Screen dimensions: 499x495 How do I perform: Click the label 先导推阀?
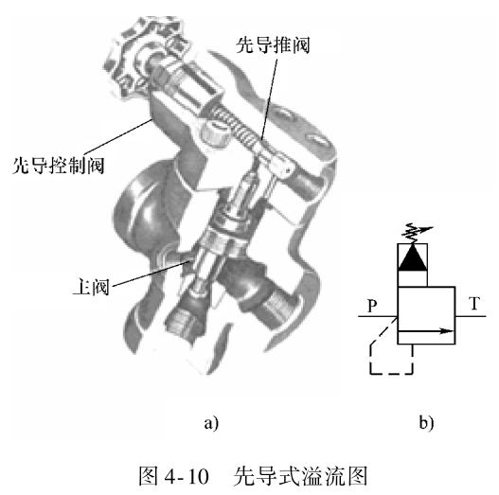[273, 44]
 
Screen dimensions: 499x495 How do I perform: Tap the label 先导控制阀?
[59, 166]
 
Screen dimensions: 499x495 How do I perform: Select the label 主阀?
[91, 287]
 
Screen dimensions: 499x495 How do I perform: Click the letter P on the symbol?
[372, 306]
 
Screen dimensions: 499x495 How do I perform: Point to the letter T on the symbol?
[474, 303]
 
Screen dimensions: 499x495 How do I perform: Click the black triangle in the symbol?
[413, 257]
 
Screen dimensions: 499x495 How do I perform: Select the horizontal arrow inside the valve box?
[426, 331]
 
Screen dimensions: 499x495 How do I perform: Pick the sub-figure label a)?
[211, 423]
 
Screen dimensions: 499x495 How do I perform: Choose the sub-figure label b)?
[426, 423]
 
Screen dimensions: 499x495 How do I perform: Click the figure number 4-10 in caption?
[187, 476]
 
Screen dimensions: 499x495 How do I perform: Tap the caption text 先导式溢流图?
[301, 476]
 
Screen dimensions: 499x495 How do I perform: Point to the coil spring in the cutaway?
[236, 125]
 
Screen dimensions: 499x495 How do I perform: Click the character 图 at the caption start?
[149, 476]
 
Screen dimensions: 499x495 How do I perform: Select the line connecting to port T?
[471, 316]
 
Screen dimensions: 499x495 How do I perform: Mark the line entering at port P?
[378, 316]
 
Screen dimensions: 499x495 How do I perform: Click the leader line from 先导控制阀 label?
[116, 137]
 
